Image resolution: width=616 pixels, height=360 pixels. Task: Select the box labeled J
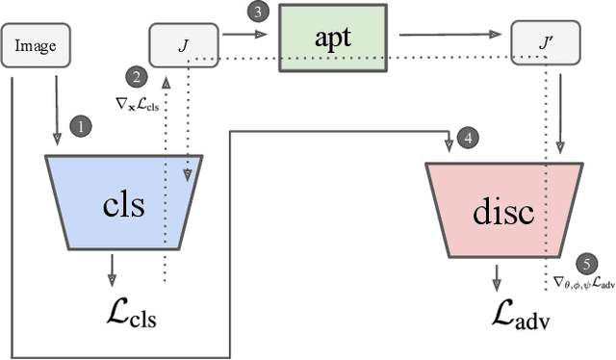(181, 45)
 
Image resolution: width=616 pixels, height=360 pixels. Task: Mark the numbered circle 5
(584, 262)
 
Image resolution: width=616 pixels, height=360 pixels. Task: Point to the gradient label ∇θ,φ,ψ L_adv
(584, 283)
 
